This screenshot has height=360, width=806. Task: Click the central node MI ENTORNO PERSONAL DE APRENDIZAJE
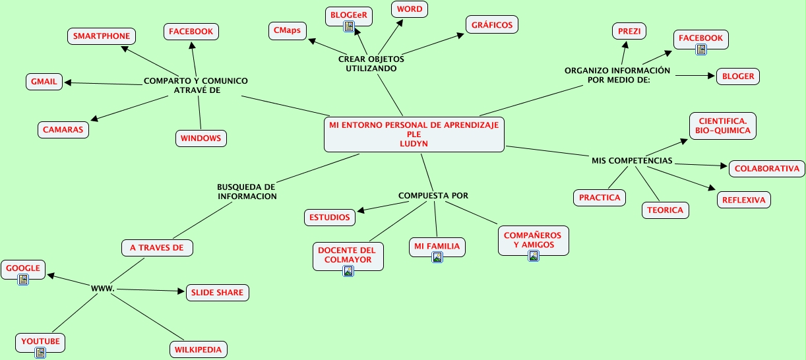coord(414,134)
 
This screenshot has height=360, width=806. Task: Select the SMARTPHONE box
coord(102,36)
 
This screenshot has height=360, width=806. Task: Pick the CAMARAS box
coord(63,130)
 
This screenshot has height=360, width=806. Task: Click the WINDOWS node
coord(201,138)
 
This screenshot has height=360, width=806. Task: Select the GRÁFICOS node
coord(492,25)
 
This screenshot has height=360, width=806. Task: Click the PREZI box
coord(629,31)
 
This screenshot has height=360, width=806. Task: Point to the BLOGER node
coord(738,76)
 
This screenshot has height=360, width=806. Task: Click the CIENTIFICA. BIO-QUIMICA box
coord(723,126)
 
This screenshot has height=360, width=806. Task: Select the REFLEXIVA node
coord(744,200)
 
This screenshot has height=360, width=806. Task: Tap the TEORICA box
coord(665,210)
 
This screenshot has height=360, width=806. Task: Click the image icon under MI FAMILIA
coord(437,257)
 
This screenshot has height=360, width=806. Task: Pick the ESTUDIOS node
coord(330,217)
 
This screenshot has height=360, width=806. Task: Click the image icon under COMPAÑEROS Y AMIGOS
coord(533,256)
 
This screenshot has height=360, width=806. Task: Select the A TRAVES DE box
coord(157,248)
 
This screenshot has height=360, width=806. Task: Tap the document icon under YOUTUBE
coord(40,353)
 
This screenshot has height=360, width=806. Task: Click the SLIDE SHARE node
coord(217,293)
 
